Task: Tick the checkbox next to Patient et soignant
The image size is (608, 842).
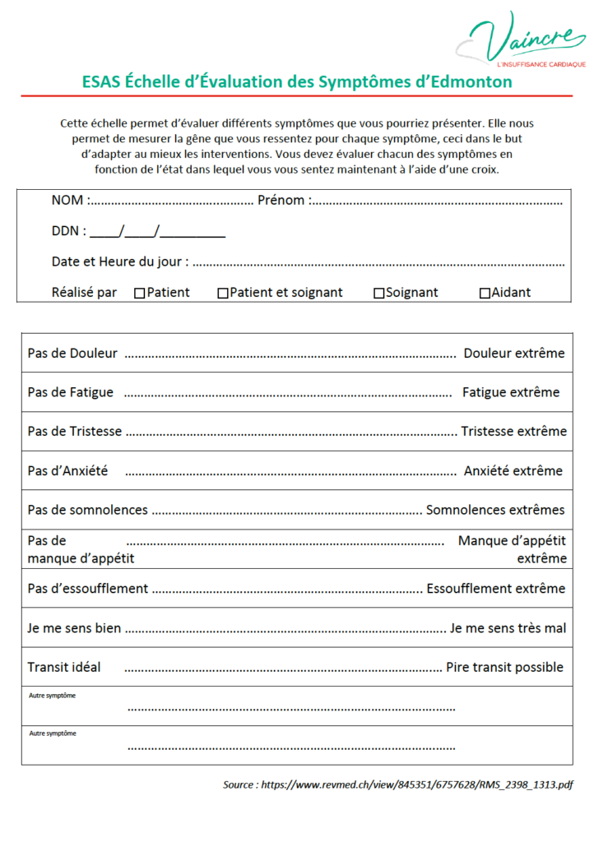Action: click(x=223, y=294)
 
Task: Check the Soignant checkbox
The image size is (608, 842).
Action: click(x=378, y=294)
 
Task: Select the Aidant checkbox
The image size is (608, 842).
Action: click(x=485, y=294)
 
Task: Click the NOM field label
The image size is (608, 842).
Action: click(x=68, y=201)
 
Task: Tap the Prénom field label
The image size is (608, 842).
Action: click(x=282, y=201)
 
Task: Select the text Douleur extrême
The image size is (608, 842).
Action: click(x=514, y=354)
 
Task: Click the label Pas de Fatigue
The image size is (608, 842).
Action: click(x=70, y=392)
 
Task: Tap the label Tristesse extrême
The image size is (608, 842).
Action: click(x=513, y=432)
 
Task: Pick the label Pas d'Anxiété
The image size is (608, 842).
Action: click(x=67, y=471)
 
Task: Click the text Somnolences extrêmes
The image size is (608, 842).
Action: click(x=495, y=510)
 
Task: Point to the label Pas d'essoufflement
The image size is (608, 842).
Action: click(x=87, y=589)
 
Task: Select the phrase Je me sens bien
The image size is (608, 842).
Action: click(x=74, y=628)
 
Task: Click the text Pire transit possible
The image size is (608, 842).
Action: click(x=504, y=667)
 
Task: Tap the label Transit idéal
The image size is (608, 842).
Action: click(x=64, y=667)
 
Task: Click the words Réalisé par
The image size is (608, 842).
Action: click(x=84, y=293)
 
